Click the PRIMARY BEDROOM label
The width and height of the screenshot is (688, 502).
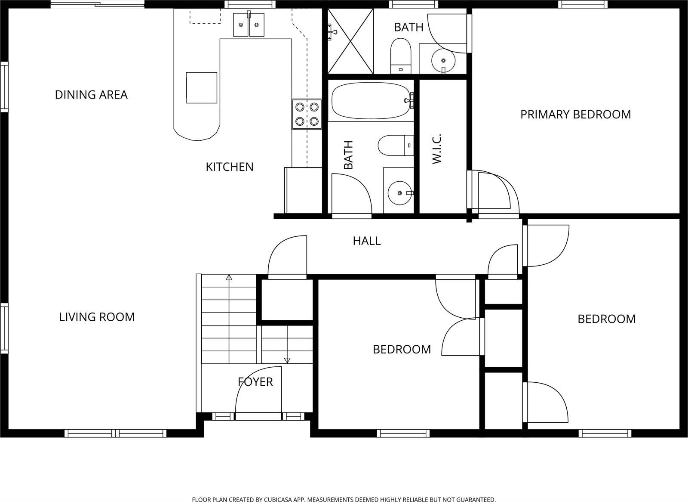575,115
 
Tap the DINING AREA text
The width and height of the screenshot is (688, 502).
91,95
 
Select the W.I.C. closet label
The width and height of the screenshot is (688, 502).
437,149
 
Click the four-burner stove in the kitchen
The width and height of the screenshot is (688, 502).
307,114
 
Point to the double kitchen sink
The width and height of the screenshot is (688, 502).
249,25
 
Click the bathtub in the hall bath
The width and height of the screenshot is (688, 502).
371,100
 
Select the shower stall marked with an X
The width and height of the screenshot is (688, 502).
350,41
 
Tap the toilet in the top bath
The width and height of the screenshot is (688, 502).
401,55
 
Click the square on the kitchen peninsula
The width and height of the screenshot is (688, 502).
201,88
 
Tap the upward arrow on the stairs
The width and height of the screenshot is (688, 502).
229,278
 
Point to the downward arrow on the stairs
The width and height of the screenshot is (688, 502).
287,360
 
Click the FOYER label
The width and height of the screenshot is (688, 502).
255,382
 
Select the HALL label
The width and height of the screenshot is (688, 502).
367,241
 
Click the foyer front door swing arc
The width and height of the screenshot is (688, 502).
249,379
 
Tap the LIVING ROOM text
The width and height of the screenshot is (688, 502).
97,317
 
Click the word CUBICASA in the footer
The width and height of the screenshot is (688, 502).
280,499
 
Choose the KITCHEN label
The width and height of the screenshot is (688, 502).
230,167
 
